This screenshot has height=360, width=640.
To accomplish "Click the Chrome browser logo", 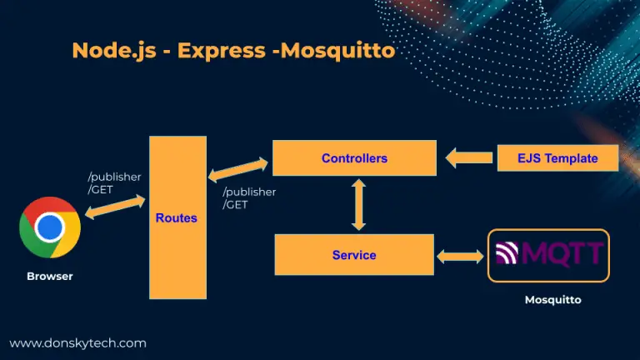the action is tap(50, 227).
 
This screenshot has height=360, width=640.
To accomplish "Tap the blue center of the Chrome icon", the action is tap(50, 227).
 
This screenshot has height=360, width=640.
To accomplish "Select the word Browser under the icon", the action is tap(50, 277).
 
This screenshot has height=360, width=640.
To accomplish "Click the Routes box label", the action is tap(177, 218).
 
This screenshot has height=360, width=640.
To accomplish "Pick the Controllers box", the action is tap(354, 158).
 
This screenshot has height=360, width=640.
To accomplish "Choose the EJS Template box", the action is tap(557, 158).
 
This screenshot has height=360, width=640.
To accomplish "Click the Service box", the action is tap(354, 255).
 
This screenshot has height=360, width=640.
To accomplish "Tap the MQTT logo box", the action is tap(548, 256).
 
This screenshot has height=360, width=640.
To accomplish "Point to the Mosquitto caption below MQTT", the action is tap(553, 300).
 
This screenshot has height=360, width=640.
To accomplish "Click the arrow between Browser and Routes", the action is tap(115, 207).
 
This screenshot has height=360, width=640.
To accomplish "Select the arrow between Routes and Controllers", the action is tap(238, 169).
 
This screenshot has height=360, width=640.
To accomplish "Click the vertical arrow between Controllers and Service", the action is tap(358, 204).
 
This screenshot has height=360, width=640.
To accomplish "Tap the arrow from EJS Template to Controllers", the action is tap(469, 157).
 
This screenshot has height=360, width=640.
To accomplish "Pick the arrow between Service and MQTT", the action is tap(460, 257).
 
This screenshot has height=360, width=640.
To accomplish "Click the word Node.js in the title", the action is tap(114, 51).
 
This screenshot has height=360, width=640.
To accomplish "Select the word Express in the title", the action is tap(221, 51).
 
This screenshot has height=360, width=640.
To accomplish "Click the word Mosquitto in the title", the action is tap(338, 51).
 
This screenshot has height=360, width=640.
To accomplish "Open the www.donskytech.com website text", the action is tap(78, 343).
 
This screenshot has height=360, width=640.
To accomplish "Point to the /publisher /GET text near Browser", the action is tap(114, 182).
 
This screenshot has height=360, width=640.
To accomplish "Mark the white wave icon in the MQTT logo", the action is tap(507, 252).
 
